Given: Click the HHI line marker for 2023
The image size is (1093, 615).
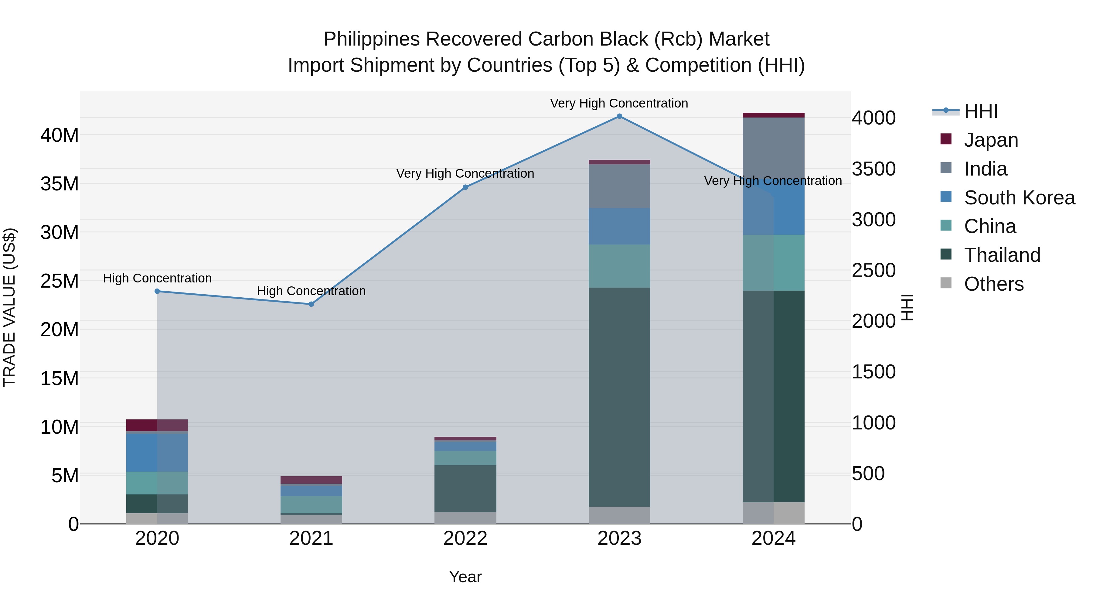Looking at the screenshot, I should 619,116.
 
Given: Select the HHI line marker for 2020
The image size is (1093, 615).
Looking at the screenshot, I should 157,291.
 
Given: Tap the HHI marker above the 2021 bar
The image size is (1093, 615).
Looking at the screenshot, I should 311,304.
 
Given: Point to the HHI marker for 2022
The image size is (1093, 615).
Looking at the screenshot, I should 465,187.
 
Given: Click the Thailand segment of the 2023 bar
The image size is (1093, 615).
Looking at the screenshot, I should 619,397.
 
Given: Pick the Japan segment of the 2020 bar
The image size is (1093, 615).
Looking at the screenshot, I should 157,425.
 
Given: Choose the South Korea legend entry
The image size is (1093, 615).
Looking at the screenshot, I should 1019,198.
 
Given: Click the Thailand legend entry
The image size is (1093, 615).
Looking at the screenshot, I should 1002,255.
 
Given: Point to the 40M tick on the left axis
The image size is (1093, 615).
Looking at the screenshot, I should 60,135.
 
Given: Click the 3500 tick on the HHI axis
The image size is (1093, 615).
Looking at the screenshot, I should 873,169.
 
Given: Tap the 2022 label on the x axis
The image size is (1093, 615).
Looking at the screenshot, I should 465,538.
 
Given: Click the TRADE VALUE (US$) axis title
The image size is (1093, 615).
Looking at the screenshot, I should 9,307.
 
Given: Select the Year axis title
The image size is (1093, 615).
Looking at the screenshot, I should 465,577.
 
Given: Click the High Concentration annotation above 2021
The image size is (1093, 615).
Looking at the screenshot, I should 311,291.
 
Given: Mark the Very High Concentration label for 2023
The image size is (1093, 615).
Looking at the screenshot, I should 619,103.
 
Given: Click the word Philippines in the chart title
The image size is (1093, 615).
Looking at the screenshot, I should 372,39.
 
